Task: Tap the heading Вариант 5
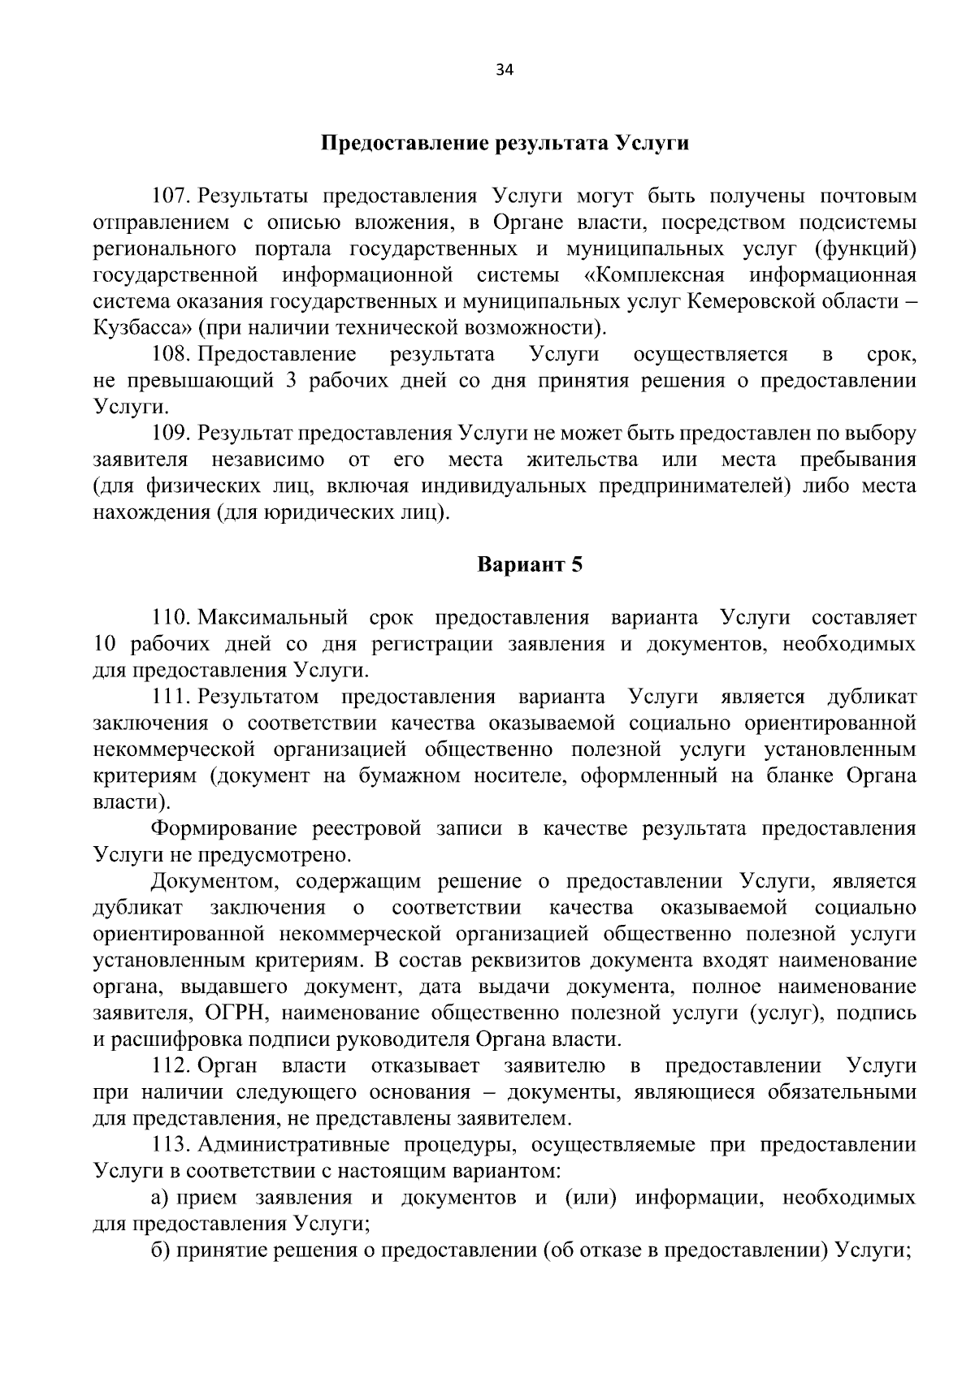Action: pyautogui.click(x=529, y=564)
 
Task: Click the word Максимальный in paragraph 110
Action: pyautogui.click(x=273, y=618)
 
